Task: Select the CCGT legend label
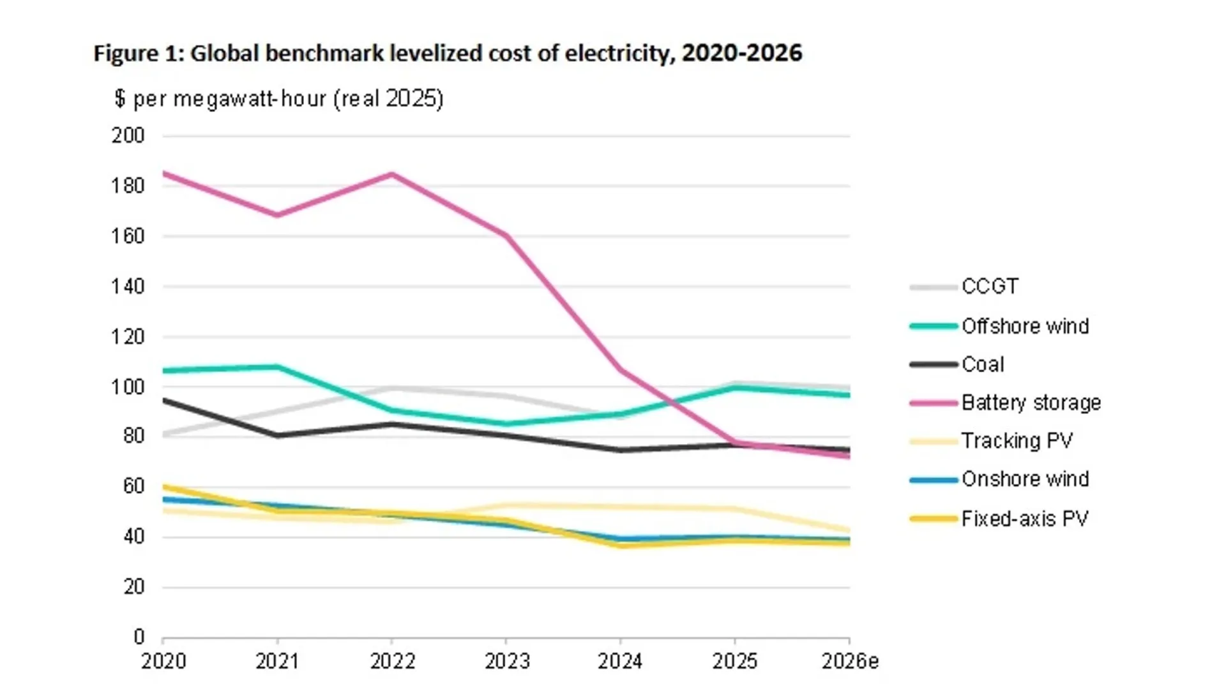point(990,286)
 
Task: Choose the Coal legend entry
point(983,364)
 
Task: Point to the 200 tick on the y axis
point(128,135)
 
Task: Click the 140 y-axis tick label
point(128,286)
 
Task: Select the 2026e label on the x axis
point(850,662)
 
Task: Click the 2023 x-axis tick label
point(506,662)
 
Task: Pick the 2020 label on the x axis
point(163,662)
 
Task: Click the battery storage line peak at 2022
point(391,174)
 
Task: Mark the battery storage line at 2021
point(277,215)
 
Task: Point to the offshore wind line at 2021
point(277,367)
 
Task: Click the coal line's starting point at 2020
point(164,400)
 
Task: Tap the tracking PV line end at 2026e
point(848,530)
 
